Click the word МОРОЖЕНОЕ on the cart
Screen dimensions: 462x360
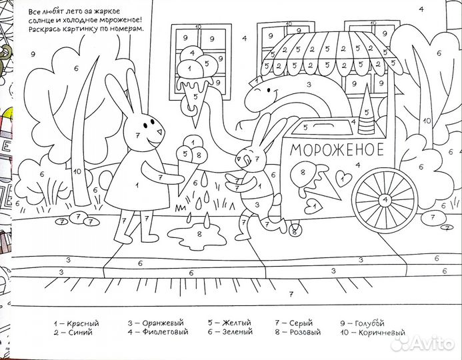337,149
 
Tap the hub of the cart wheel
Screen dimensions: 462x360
385,200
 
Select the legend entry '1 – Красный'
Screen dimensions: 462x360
76,323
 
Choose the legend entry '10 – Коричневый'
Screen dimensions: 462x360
373,333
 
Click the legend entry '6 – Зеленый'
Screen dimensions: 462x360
230,332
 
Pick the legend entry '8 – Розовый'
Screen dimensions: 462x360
297,332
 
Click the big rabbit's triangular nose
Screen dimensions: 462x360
161,131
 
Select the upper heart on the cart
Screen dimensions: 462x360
343,178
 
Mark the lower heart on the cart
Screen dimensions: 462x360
313,206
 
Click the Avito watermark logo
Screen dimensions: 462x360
422,343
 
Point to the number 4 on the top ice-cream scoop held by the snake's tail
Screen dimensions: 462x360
193,53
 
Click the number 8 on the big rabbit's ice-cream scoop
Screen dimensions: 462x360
198,154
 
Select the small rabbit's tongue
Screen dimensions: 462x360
247,161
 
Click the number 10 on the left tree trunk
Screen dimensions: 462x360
77,171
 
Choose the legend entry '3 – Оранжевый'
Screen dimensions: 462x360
155,323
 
